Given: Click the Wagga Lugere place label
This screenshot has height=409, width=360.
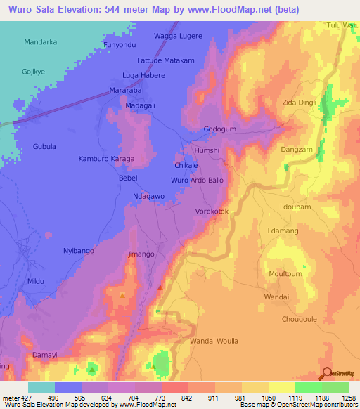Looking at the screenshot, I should pos(178,35).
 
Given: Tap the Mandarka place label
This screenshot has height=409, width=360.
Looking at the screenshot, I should pos(40,42).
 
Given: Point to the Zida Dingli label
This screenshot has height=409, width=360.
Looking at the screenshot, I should pos(300,103).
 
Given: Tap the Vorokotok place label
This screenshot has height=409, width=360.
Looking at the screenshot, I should pos(212,211).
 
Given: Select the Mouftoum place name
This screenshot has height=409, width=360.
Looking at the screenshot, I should pos(285,273).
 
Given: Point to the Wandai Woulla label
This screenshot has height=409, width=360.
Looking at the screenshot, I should pos(214,341).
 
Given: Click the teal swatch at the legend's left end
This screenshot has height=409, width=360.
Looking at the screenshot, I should pos(41,387).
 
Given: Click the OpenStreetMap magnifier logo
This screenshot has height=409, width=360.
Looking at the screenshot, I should pos(328,374).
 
